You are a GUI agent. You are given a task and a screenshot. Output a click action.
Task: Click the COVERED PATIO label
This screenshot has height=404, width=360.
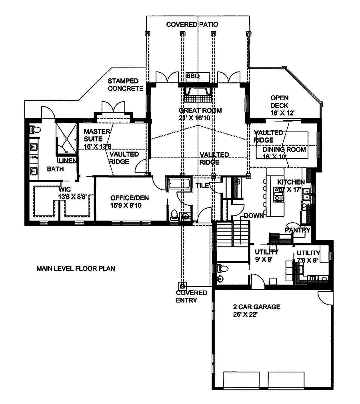click(x=192, y=25)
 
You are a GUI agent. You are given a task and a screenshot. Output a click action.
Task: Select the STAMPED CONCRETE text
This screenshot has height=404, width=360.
click(x=125, y=85)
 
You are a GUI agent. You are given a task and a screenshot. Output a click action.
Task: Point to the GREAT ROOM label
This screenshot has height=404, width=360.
click(x=200, y=110)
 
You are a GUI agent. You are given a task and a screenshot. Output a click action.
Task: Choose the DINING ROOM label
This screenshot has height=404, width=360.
click(x=284, y=149)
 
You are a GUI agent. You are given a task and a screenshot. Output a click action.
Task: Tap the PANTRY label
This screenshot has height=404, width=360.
click(x=298, y=230)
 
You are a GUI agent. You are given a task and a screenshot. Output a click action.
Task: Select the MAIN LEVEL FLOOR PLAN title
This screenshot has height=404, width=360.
click(x=76, y=269)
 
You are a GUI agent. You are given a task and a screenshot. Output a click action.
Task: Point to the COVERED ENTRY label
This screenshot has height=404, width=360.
click(x=192, y=297)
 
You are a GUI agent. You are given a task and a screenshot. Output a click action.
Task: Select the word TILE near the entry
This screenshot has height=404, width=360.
click(x=202, y=185)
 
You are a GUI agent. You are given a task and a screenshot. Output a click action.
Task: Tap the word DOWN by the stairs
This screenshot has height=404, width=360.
click(x=254, y=215)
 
